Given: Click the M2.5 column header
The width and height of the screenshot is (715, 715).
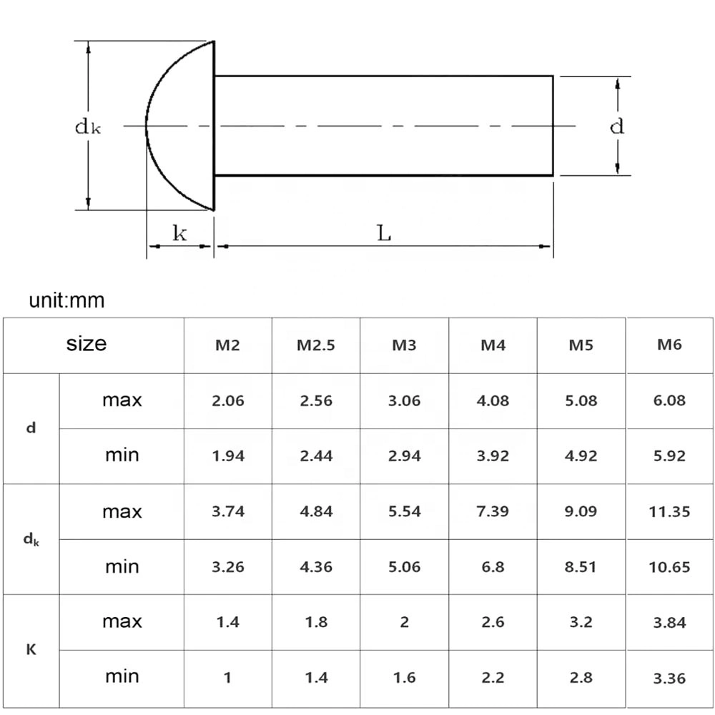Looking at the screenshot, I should click(315, 345).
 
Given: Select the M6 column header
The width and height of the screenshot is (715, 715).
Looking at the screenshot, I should click(669, 345).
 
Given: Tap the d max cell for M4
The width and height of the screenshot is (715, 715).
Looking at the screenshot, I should click(493, 400).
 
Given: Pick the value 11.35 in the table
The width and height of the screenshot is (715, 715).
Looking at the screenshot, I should click(669, 512).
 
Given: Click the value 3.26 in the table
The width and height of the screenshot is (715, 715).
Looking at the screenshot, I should click(228, 567).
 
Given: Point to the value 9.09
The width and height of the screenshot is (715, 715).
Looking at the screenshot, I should click(581, 512).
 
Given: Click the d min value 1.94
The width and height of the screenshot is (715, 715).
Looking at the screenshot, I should click(228, 456).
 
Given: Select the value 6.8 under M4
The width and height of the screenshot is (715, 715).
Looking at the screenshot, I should click(493, 567).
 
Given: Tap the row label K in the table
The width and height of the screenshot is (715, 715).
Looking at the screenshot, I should click(31, 650).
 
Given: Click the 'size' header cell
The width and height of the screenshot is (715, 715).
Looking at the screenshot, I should click(87, 344).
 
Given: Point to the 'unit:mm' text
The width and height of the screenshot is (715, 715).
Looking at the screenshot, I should click(66, 300).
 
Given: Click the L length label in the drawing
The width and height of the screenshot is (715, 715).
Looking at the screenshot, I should click(384, 233).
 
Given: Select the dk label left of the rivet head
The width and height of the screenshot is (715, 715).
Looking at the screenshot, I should click(87, 127).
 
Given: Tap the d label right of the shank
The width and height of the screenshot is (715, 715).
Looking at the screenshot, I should click(616, 127).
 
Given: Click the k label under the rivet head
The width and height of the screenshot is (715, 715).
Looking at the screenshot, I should click(179, 233).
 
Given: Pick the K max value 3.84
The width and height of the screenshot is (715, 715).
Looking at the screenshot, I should click(669, 623).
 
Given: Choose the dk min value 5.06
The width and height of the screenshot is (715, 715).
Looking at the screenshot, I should click(404, 567).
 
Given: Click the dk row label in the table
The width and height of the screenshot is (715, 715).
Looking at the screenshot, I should click(31, 540).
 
